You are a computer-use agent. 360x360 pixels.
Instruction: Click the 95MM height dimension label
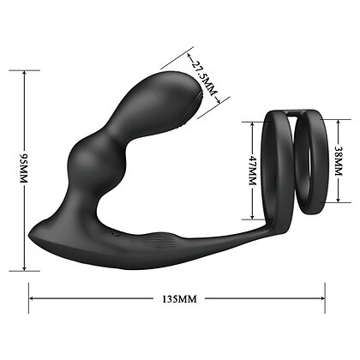pos(23,169)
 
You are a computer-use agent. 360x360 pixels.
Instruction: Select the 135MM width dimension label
pos(179,299)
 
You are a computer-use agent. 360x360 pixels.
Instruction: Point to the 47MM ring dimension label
pos(253,171)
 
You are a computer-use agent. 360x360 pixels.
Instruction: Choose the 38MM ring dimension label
pos(339,161)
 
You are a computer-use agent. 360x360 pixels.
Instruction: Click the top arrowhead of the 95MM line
pos(25,73)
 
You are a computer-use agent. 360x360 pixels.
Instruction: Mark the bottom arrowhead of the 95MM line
pos(25,267)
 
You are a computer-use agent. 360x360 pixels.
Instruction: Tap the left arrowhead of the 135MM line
pos(33,298)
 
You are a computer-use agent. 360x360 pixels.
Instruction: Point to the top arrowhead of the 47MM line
pos(252,124)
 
